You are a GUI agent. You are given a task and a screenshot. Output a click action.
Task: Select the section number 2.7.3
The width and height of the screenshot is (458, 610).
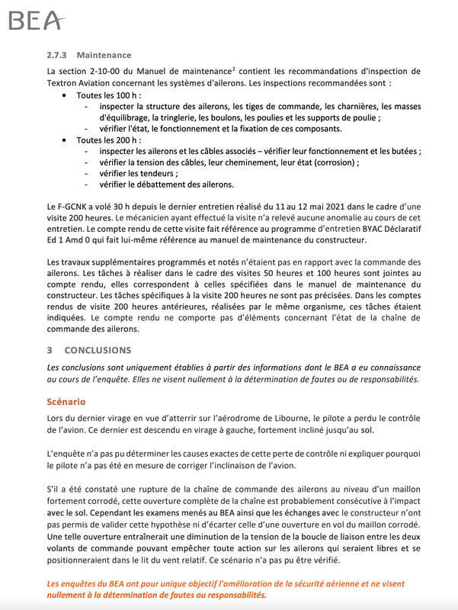pyautogui.click(x=58, y=55)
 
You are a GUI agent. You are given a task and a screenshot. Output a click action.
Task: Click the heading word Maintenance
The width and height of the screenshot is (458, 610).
pyautogui.click(x=104, y=55)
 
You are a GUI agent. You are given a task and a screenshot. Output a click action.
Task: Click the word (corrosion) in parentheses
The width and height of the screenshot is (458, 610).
pyautogui.click(x=335, y=163)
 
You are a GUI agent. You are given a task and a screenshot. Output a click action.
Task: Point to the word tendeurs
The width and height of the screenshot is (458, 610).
pyautogui.click(x=147, y=175)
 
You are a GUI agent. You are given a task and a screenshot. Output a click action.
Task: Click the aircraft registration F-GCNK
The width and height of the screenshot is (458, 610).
pyautogui.click(x=74, y=207)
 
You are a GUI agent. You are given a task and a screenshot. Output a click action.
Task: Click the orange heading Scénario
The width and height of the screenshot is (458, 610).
pyautogui.click(x=66, y=401)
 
